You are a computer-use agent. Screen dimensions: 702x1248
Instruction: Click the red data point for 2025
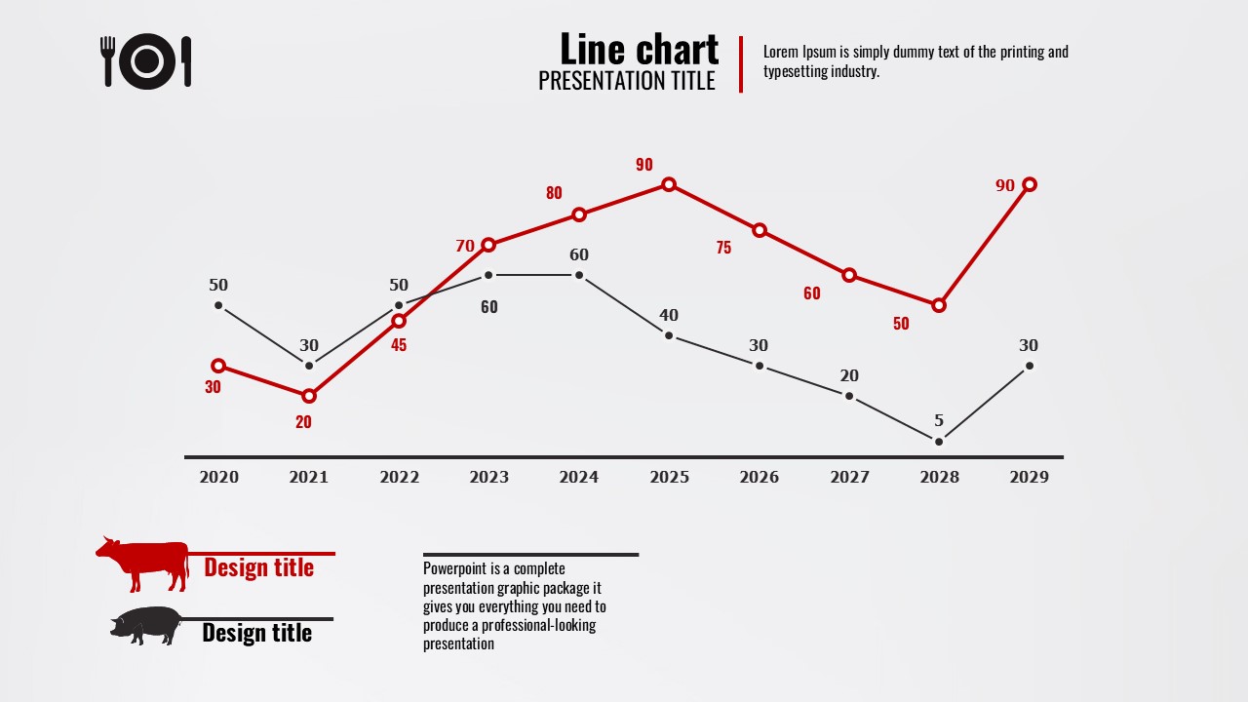tap(669, 184)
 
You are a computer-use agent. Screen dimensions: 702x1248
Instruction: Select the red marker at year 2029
tap(1029, 184)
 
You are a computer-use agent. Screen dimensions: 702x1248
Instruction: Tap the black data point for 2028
tap(939, 442)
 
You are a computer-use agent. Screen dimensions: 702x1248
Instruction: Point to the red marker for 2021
tap(309, 396)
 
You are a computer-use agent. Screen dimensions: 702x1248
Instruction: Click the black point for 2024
tap(579, 275)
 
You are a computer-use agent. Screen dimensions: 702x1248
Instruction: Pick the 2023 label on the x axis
tap(488, 477)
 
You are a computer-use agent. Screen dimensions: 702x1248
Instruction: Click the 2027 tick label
tap(849, 477)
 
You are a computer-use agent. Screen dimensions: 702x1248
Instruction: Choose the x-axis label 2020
tap(218, 477)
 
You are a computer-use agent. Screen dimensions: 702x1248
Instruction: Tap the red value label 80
tap(554, 193)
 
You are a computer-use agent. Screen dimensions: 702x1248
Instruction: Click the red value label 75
tap(723, 248)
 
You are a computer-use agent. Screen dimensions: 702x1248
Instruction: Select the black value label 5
tap(939, 421)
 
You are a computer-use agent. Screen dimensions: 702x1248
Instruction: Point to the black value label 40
tap(669, 315)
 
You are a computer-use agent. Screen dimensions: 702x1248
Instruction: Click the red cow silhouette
tap(143, 564)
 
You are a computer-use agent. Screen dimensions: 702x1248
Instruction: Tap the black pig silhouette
tap(146, 626)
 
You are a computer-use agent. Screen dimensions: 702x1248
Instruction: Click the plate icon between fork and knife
tap(146, 61)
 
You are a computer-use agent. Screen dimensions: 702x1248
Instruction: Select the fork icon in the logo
tap(107, 60)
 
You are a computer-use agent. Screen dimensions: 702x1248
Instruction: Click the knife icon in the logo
tap(186, 60)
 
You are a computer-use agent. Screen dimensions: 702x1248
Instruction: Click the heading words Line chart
tap(639, 49)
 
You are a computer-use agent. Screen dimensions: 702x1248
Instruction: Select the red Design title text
tap(258, 567)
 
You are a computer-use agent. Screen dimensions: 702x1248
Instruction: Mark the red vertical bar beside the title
tap(741, 64)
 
